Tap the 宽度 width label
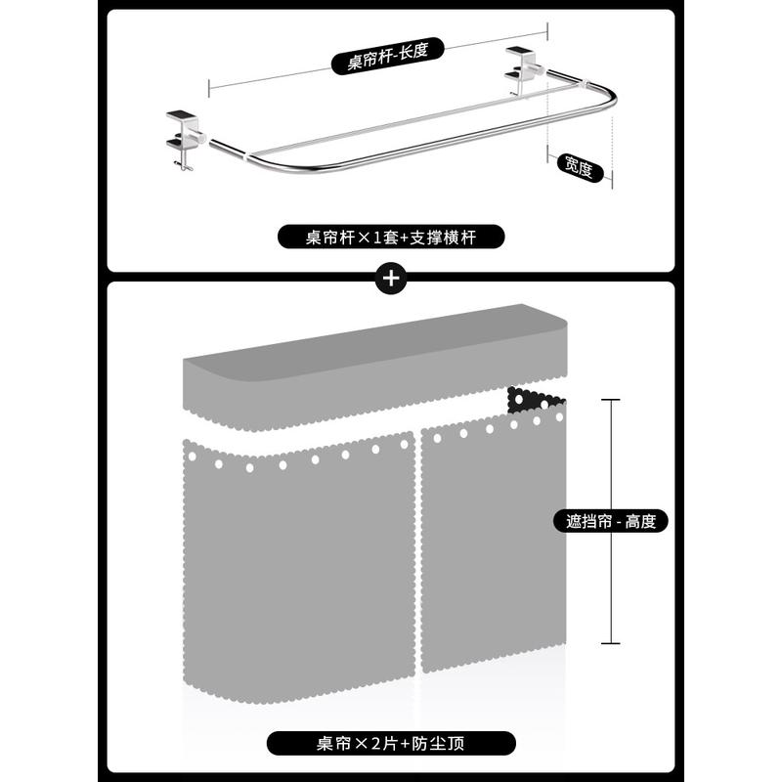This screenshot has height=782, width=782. tap(576, 167)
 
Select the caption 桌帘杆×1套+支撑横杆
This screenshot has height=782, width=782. tap(391, 237)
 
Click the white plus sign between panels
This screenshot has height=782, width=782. tap(391, 278)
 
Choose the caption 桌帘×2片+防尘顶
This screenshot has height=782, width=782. tap(391, 743)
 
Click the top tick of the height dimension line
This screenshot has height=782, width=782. tap(611, 400)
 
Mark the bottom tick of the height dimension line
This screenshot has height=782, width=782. tap(611, 642)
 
